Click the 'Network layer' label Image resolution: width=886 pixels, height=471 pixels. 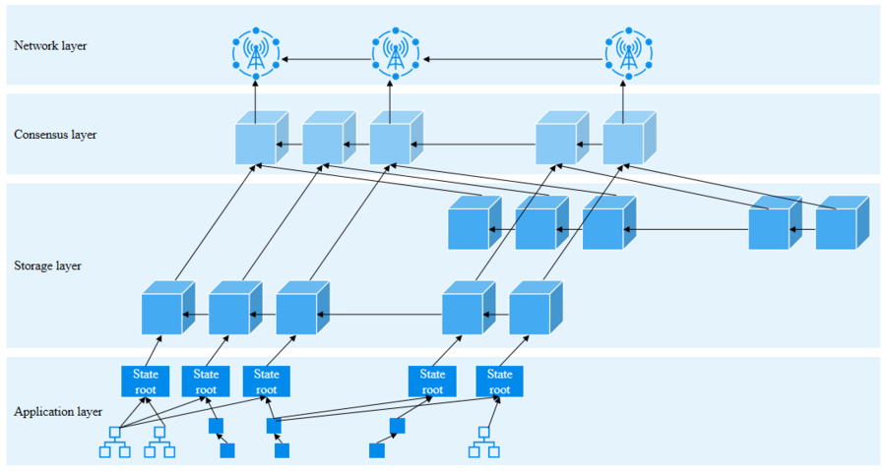pos(50,45)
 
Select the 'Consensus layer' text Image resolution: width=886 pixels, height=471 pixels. pos(55,135)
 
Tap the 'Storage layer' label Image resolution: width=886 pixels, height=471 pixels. pos(47,265)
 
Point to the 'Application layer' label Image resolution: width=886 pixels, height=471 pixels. pos(57,412)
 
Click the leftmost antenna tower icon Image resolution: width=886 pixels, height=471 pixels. pos(256,53)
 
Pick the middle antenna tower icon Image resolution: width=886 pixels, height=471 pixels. pos(396,53)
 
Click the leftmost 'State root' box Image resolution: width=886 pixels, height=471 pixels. pos(145,382)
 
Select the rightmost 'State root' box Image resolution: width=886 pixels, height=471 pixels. pos(499,382)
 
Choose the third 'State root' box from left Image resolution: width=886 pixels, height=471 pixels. pos(266,382)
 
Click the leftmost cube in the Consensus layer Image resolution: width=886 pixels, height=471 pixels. pos(259,139)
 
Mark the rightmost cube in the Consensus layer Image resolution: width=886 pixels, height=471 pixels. pos(626,139)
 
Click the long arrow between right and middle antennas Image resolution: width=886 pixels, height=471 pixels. pos(512,60)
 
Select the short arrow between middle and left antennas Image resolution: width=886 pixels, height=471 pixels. pos(325,60)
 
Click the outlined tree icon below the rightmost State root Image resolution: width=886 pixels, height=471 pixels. pos(483,443)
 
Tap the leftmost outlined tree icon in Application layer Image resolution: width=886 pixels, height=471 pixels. pos(114,443)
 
